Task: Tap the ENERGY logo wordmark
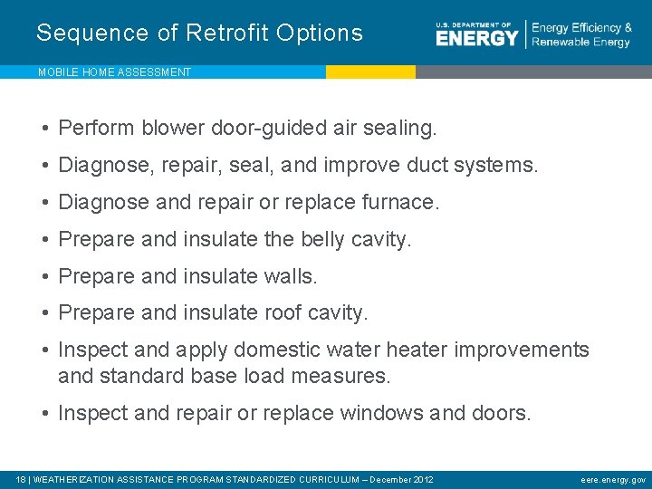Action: [476, 37]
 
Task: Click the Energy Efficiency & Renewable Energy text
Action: [581, 35]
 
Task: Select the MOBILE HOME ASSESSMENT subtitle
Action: [114, 72]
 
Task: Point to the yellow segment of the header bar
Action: [370, 72]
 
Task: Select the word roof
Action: [283, 313]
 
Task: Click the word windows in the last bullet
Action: [380, 414]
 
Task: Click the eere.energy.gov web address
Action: [613, 479]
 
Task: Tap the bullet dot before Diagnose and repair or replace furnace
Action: [44, 203]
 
